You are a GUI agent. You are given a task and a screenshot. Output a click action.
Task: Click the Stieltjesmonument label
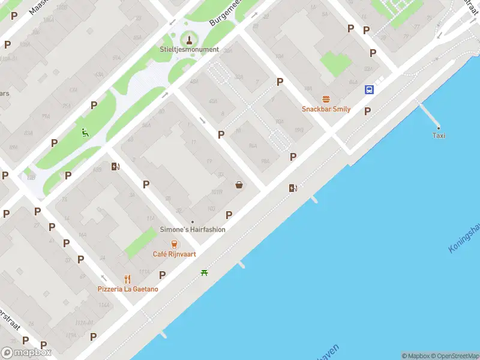point(189,50)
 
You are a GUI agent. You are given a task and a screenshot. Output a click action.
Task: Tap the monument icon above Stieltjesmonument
point(190,40)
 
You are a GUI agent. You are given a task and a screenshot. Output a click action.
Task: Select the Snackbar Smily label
point(326,109)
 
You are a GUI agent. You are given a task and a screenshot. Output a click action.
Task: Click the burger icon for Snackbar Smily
point(326,99)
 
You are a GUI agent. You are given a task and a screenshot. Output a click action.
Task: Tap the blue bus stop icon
point(369,90)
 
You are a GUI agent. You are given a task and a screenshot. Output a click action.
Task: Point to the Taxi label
point(439,136)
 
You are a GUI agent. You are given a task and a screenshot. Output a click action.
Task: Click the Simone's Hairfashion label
point(193,230)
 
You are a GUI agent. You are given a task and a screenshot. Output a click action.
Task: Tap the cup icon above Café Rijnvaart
point(174,244)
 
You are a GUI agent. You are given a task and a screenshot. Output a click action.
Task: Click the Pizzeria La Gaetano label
point(128,289)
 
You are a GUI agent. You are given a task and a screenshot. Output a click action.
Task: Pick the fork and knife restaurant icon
point(127,279)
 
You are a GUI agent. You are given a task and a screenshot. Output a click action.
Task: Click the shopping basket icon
point(239,185)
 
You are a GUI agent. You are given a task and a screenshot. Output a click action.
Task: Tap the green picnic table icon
point(205,274)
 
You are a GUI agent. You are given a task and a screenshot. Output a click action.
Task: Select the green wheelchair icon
point(85,133)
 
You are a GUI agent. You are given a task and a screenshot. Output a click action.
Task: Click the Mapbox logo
point(26,353)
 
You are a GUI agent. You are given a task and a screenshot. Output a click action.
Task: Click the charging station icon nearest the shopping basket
point(293,188)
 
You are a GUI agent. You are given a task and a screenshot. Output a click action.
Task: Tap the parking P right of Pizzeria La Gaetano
point(162,275)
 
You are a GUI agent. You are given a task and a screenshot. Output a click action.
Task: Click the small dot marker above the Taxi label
point(439,128)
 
